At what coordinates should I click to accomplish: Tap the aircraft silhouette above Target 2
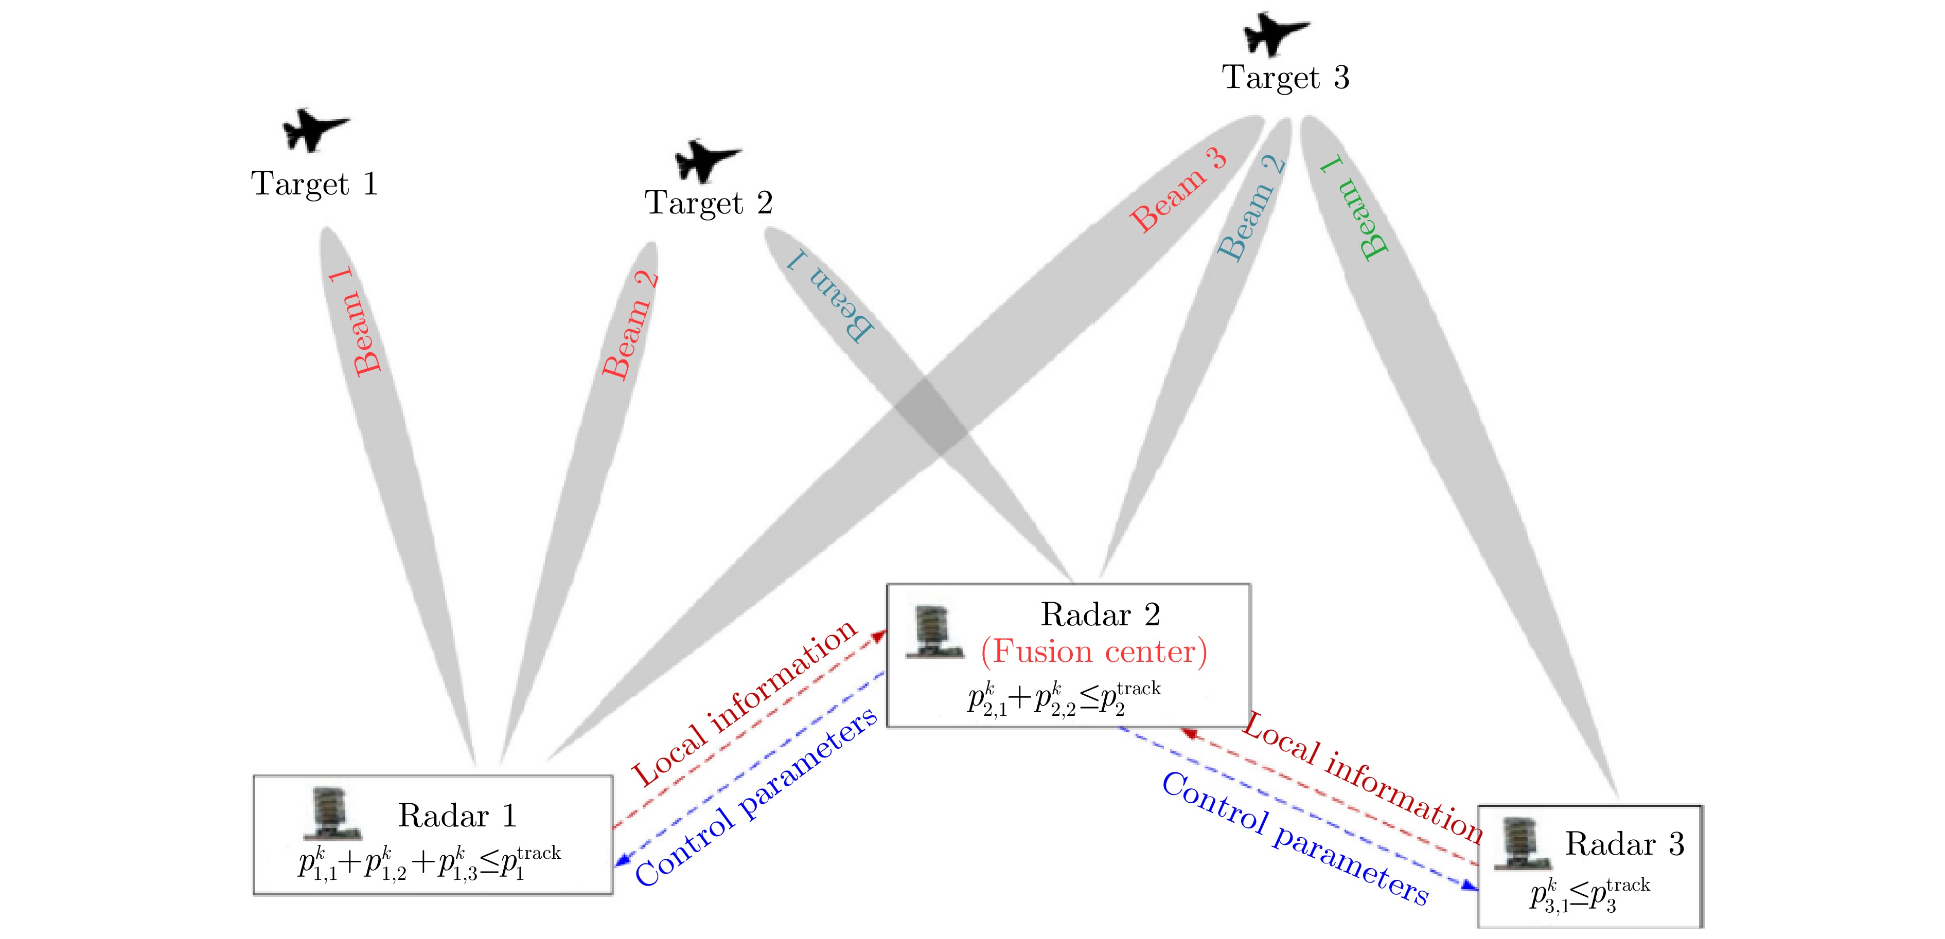coord(706,160)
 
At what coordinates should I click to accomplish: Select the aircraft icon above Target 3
coord(1275,34)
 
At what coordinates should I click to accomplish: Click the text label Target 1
coord(314,184)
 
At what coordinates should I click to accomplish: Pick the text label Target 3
coord(1285,77)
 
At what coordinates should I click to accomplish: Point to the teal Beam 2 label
coord(1251,208)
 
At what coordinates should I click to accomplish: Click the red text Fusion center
coord(1093,651)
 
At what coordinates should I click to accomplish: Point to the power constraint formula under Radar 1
coord(429,863)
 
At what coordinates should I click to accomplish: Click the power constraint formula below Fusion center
coord(1063,699)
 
